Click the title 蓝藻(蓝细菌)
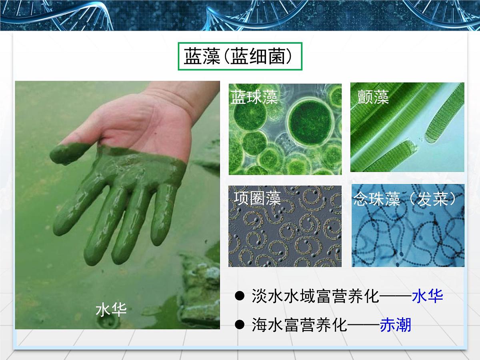tap(240, 57)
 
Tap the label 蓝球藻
tap(254, 97)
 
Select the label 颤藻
tap(373, 97)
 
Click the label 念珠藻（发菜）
tap(405, 199)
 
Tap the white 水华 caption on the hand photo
tap(111, 310)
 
